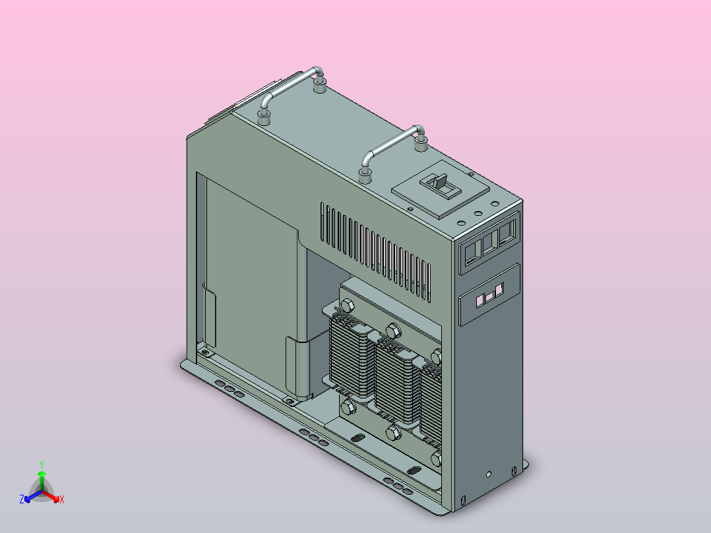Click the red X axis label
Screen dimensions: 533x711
click(62, 500)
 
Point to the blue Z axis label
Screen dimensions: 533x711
click(22, 500)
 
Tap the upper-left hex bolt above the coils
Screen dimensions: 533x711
click(347, 305)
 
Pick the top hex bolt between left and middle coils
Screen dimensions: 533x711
click(393, 330)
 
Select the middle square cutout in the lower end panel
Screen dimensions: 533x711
click(489, 298)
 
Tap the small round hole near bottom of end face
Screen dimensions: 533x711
click(488, 474)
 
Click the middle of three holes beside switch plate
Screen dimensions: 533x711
click(478, 212)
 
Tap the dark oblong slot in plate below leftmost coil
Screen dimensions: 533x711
click(357, 438)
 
